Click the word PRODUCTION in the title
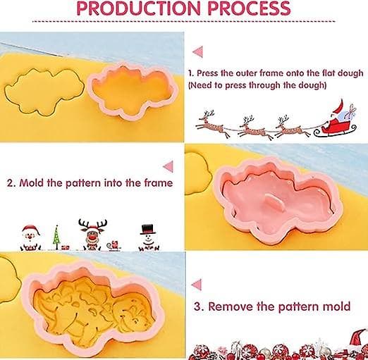click(139, 8)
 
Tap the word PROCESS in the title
click(249, 8)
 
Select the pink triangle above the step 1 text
click(198, 51)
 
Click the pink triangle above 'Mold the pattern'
click(168, 166)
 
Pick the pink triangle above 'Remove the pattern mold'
click(197, 285)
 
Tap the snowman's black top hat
click(148, 230)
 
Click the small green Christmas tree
click(56, 237)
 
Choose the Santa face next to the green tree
click(30, 237)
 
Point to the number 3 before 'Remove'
click(197, 306)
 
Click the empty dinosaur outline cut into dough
click(44, 92)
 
